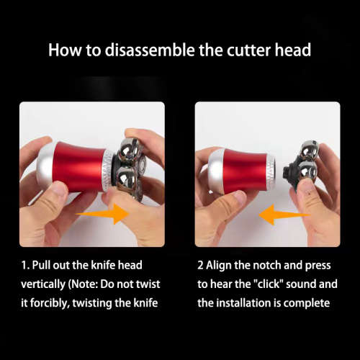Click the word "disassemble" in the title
coord(150,50)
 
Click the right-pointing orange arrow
coord(103,214)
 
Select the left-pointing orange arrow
coord(284,215)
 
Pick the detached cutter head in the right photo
coord(302,163)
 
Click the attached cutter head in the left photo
coord(129,168)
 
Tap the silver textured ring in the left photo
coord(107,171)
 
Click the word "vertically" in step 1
coord(43,284)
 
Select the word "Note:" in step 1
coord(83,284)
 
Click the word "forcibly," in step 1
coord(50,303)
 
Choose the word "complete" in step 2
coord(307,303)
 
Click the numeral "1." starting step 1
coord(25,266)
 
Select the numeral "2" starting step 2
coord(200,266)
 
